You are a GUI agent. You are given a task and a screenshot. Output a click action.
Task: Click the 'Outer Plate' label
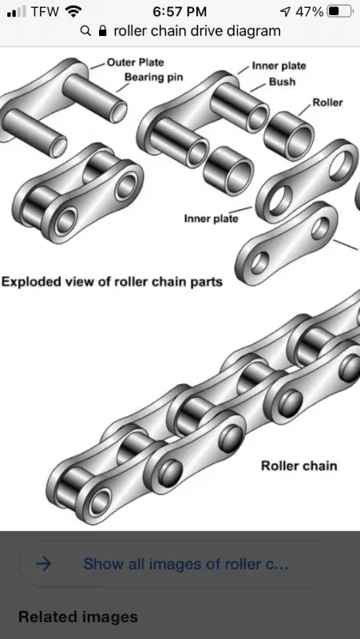pos(135,62)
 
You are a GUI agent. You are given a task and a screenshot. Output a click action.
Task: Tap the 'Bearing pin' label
pos(153,77)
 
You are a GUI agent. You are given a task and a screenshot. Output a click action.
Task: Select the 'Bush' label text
pos(283,81)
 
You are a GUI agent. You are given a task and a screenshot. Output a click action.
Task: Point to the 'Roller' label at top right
pos(327,102)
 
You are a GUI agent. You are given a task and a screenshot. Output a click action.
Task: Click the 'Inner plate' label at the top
pos(279,66)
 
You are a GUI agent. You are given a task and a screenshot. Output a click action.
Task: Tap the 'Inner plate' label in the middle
pos(211,218)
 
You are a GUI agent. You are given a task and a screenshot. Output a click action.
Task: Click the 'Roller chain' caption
pos(299,466)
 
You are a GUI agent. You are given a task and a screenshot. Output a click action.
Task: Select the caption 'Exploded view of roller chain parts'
pos(112,282)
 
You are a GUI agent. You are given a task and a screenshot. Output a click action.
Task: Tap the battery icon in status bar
pos(340,11)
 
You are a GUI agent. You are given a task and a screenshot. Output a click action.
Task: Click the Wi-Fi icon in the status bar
pos(73,11)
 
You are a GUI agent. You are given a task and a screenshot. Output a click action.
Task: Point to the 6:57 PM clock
pos(180,11)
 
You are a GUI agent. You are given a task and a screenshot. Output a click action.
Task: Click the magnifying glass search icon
pos(85,30)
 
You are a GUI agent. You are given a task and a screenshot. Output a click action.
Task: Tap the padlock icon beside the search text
pos(103,30)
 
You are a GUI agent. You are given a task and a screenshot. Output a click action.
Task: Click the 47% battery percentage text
pos(310,11)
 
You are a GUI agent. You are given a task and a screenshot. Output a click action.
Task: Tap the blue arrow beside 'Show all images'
pos(44,564)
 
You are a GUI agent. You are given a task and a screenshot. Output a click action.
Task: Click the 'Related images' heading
pos(78,617)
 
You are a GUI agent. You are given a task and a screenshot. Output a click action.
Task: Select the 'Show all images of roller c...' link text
pos(186,564)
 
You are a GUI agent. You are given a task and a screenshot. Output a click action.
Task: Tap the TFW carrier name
pos(45,11)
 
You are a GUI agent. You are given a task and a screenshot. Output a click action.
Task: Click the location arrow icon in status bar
pos(286,12)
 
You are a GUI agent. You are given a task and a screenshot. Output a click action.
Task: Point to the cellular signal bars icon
pos(16,11)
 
